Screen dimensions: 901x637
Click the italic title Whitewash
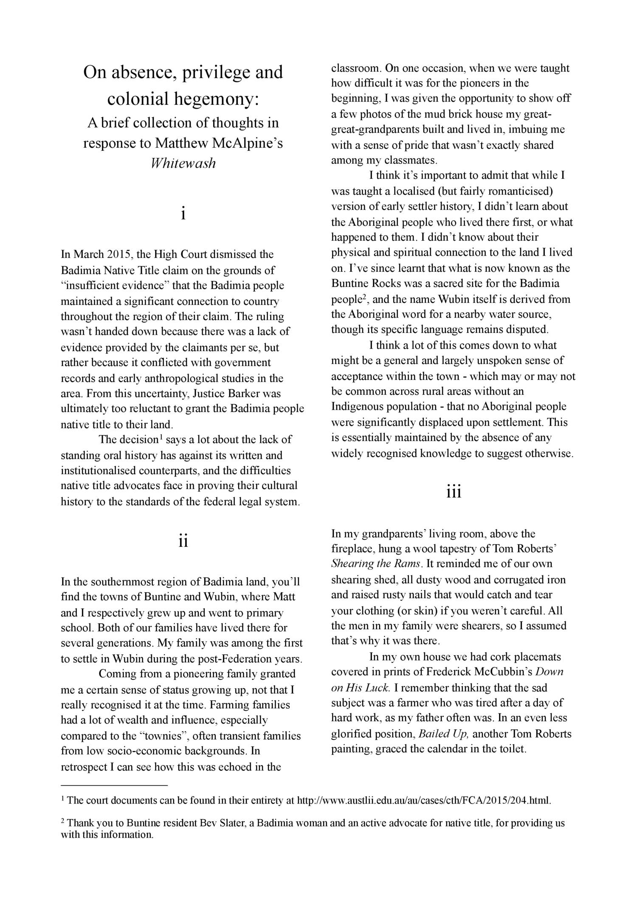coord(183,163)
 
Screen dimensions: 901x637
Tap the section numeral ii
coord(183,541)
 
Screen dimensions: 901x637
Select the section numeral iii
coord(454,492)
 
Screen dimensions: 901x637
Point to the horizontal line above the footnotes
coord(115,785)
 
